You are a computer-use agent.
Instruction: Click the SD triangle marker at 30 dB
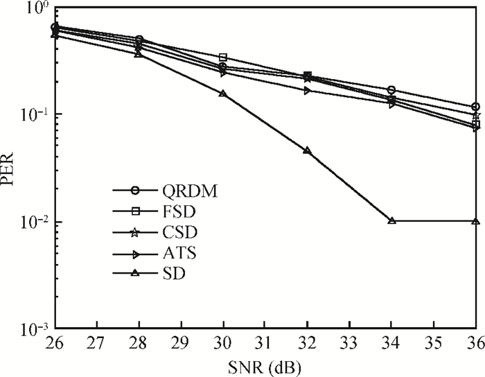tap(223, 94)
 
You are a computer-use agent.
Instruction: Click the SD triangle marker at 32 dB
tap(307, 150)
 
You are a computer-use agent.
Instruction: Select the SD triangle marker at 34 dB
tap(391, 221)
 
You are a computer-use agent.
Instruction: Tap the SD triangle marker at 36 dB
tap(476, 221)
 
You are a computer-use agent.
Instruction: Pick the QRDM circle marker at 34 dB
tap(391, 90)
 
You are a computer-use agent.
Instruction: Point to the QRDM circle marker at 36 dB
tap(476, 107)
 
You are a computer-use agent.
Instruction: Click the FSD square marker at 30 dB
tap(223, 58)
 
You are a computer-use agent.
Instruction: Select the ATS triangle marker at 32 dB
tap(307, 91)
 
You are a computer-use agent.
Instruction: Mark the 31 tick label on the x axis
tap(265, 343)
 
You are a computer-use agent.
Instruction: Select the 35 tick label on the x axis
tap(434, 343)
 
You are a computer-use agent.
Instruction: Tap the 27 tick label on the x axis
tap(96, 343)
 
